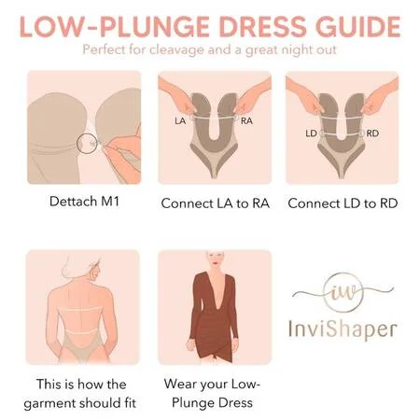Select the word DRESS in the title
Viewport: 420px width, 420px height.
pos(263,27)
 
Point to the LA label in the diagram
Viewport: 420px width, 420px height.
pos(180,120)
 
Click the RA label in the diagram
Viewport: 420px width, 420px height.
pos(246,120)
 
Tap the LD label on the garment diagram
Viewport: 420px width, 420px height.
pos(311,133)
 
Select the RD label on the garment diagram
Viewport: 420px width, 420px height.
pos(372,133)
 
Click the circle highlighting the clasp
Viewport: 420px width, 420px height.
pos(77,144)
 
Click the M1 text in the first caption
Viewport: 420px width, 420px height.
pos(110,202)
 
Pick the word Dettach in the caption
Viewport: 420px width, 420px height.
pos(74,202)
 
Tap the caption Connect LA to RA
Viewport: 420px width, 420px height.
pos(215,203)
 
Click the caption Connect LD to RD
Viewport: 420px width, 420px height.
pos(343,203)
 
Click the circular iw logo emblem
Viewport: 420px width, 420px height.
pos(343,274)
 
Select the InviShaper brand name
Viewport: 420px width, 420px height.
pos(343,329)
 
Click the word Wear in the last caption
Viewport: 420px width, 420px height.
pos(180,384)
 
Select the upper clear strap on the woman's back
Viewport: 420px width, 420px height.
pos(80,310)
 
